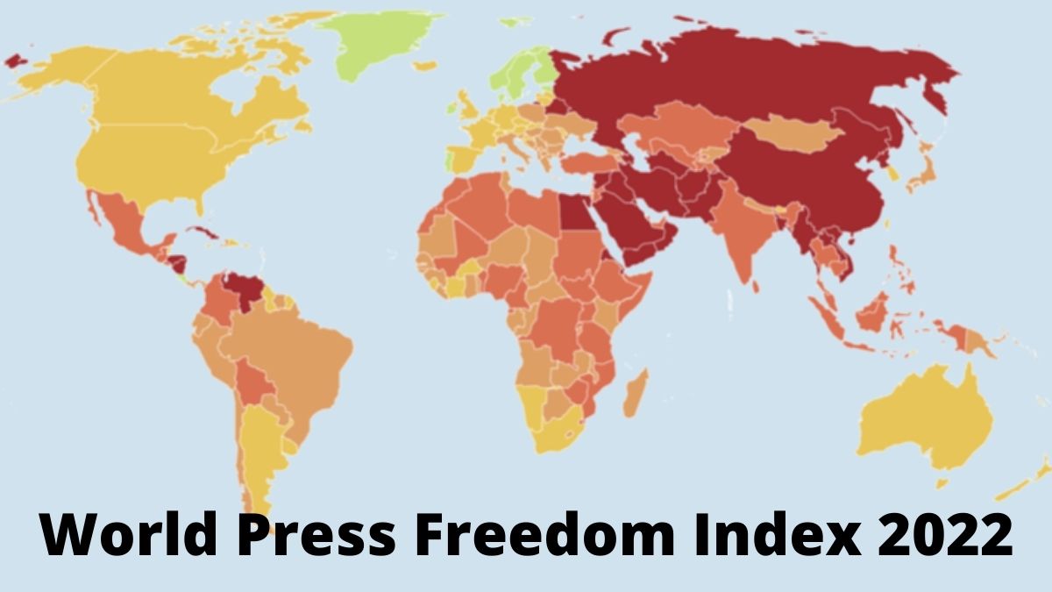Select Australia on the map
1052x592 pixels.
click(920, 421)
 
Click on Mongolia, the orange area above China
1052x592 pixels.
click(793, 135)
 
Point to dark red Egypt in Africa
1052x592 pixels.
click(575, 210)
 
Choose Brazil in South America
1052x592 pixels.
click(298, 351)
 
